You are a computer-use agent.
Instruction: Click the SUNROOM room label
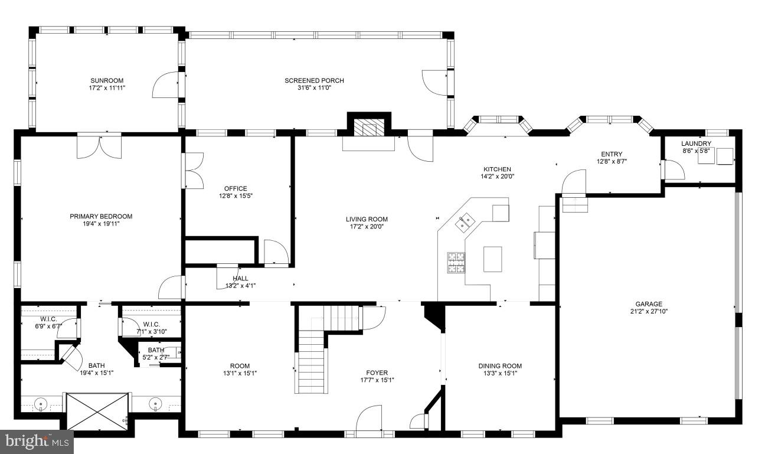pyautogui.click(x=107, y=81)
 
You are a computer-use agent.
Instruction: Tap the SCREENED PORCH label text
pyautogui.click(x=314, y=81)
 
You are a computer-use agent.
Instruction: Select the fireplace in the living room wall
pyautogui.click(x=368, y=126)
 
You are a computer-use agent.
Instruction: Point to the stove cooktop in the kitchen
pyautogui.click(x=456, y=263)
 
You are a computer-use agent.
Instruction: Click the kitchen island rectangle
pyautogui.click(x=492, y=259)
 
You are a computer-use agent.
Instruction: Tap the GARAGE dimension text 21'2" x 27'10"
pyautogui.click(x=648, y=311)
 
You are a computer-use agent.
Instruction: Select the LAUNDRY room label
pyautogui.click(x=696, y=143)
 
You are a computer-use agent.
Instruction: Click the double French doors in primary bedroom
pyautogui.click(x=99, y=147)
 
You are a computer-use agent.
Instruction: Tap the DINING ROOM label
pyautogui.click(x=499, y=366)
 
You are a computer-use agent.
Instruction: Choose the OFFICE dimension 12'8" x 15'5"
pyautogui.click(x=235, y=196)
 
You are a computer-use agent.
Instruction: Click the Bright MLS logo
pyautogui.click(x=37, y=441)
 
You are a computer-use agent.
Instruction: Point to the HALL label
pyautogui.click(x=240, y=278)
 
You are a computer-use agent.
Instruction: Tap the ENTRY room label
pyautogui.click(x=611, y=154)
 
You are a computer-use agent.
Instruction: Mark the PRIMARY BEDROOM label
pyautogui.click(x=101, y=216)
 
